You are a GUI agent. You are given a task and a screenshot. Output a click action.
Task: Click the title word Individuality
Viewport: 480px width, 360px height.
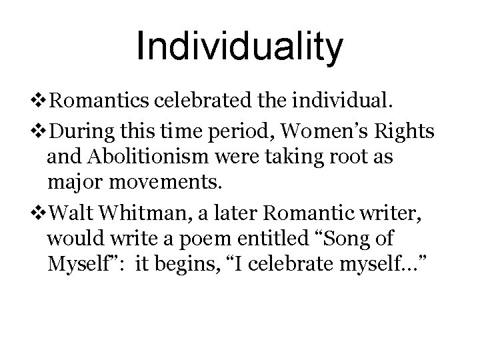[240, 47]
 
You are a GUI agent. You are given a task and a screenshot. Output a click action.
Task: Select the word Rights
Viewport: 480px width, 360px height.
[406, 133]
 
